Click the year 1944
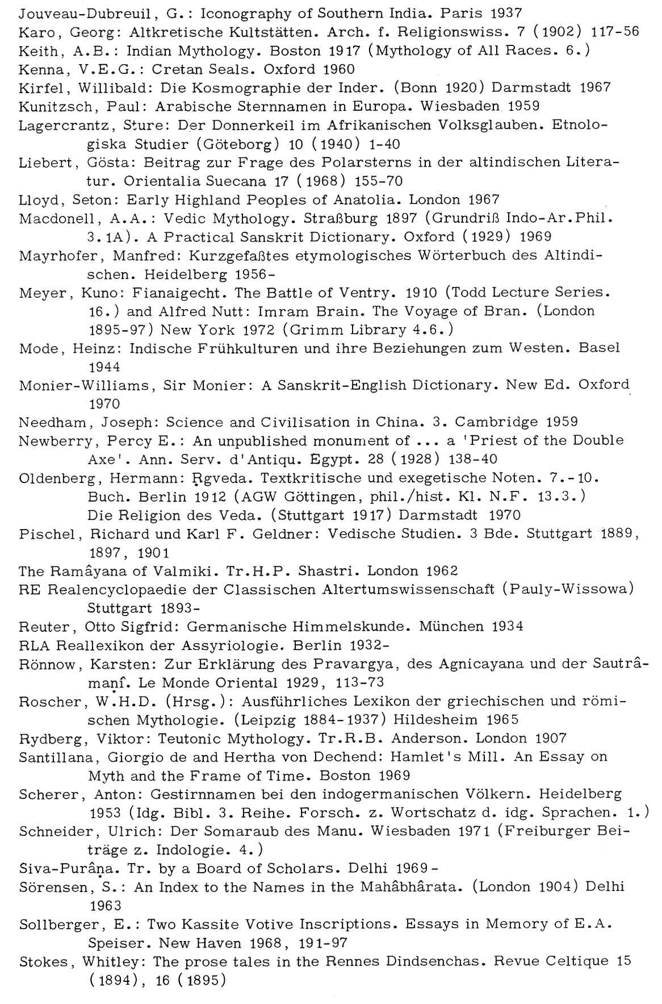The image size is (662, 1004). pos(105,367)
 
